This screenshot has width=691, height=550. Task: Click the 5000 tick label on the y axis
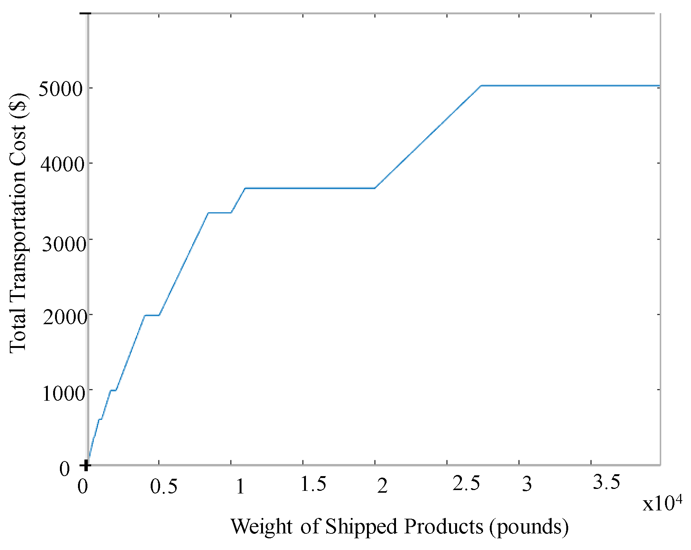click(60, 89)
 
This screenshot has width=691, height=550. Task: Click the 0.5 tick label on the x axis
click(164, 486)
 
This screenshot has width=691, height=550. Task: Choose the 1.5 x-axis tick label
click(313, 484)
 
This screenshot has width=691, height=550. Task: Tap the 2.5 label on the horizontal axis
click(466, 484)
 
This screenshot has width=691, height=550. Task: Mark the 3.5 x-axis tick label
click(606, 482)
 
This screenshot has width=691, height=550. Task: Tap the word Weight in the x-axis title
click(261, 527)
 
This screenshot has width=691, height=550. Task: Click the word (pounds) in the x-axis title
click(529, 527)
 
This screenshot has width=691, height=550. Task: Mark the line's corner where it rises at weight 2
click(375, 188)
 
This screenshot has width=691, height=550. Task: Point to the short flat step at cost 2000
click(152, 315)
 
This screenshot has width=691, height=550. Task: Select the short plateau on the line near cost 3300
click(220, 213)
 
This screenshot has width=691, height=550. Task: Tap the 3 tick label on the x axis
click(527, 484)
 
